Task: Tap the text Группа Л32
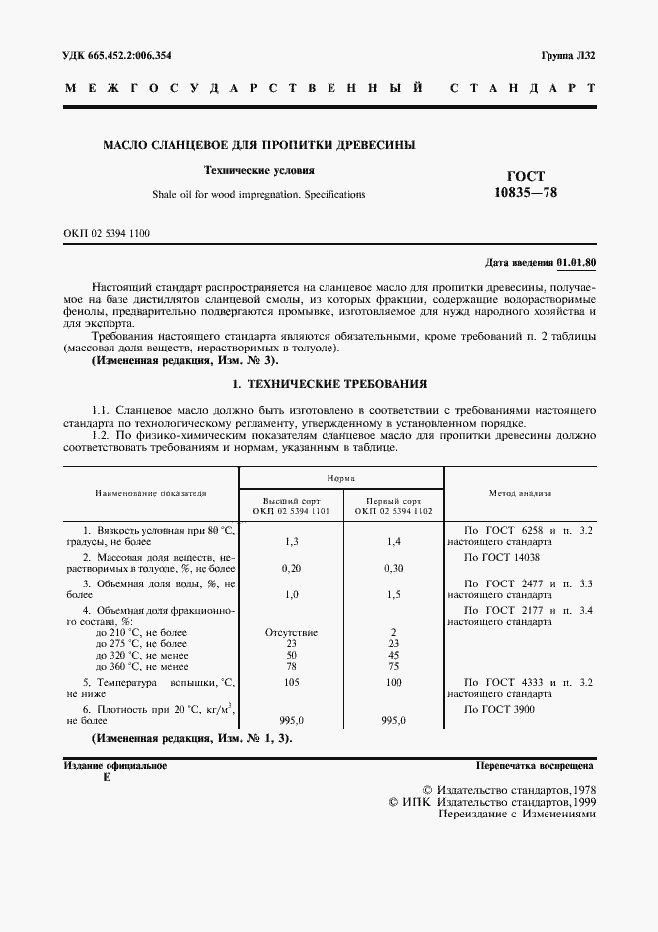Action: [x=568, y=55]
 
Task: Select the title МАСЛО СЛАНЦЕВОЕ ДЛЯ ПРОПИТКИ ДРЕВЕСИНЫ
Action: [x=259, y=145]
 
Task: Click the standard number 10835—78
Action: [x=526, y=192]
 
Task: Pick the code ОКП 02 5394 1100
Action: [x=108, y=232]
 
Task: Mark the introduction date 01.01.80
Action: [x=576, y=262]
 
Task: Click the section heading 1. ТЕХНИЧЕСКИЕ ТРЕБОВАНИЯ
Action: [x=329, y=382]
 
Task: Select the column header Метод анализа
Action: [x=520, y=492]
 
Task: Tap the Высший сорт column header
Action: [x=292, y=506]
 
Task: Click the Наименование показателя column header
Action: [x=151, y=492]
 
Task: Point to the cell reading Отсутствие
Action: [x=292, y=632]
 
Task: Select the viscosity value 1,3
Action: [x=292, y=541]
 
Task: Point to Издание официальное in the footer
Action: [x=115, y=766]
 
